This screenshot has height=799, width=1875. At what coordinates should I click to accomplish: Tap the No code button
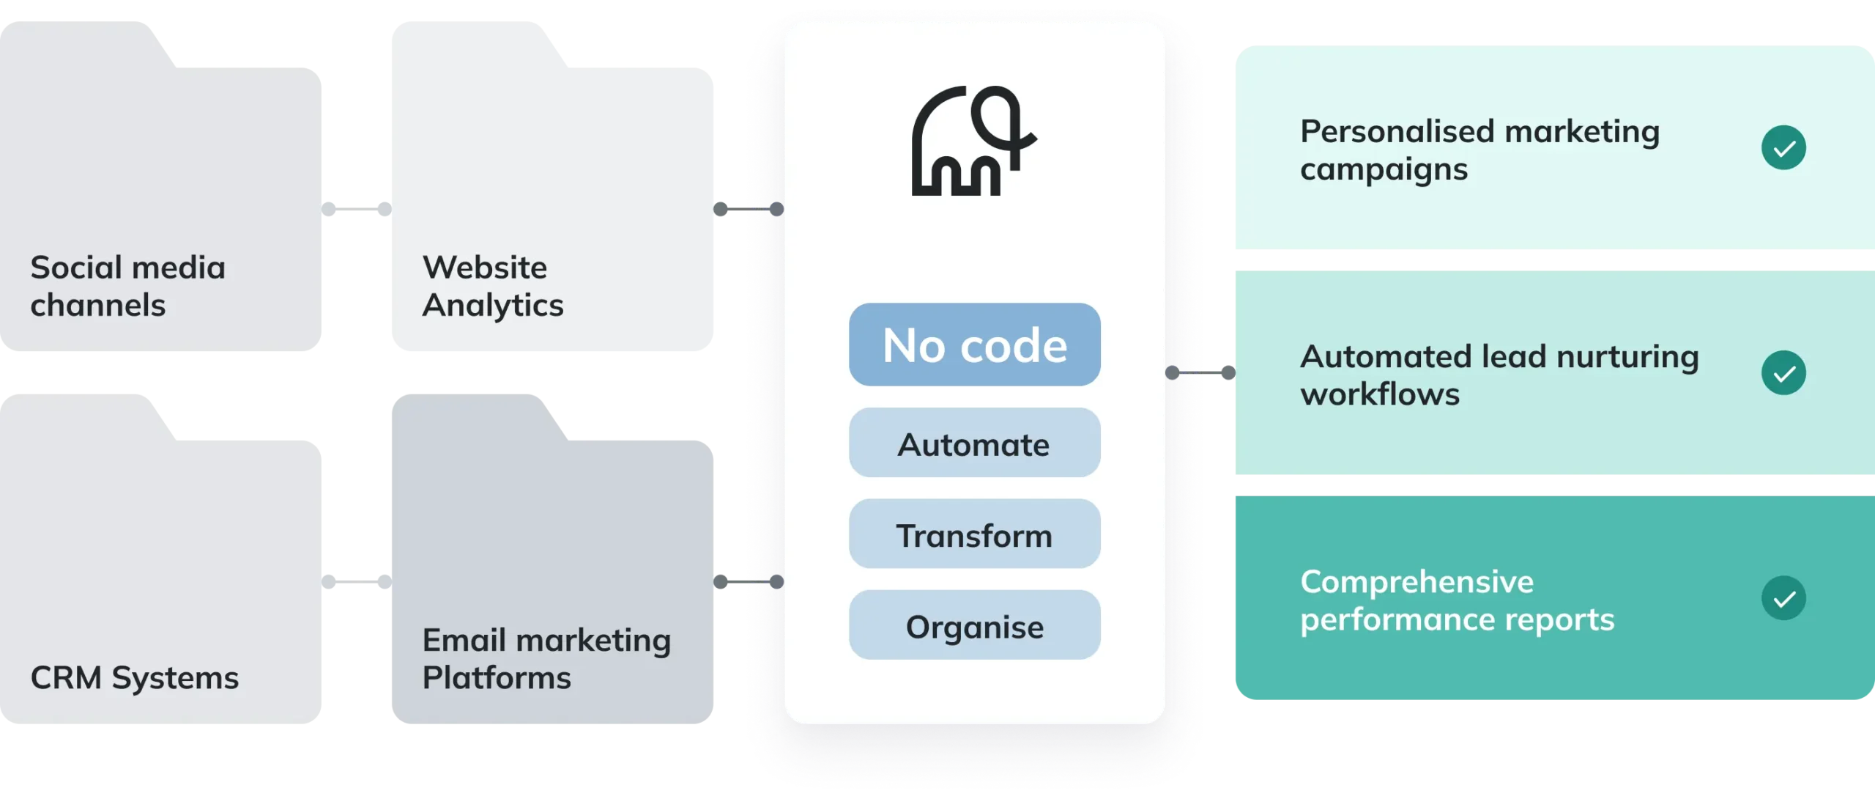[975, 345]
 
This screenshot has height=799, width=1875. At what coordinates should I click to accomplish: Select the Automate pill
[975, 443]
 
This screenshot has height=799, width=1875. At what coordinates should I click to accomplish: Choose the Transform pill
[975, 534]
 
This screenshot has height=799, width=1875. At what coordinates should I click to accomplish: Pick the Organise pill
[975, 625]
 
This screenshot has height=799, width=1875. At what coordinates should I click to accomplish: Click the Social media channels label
[127, 286]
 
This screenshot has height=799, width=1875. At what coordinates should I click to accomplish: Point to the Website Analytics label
[493, 286]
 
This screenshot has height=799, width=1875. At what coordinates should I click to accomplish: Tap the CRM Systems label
[135, 677]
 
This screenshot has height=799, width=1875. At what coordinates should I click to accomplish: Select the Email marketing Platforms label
[546, 658]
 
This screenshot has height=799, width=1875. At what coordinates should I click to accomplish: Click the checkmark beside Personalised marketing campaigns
[1783, 147]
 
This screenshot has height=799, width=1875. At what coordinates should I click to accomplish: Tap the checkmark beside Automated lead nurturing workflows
[1783, 373]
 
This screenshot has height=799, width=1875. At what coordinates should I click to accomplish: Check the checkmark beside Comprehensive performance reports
[1783, 598]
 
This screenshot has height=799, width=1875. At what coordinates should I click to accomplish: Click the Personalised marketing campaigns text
[1479, 150]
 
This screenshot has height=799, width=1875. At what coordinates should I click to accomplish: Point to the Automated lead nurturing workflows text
[1499, 375]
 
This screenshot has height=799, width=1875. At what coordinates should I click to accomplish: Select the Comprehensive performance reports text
[1458, 600]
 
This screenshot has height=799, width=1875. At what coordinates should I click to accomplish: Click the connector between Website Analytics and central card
[749, 209]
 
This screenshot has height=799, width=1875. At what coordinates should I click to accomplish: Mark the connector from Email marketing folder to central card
[749, 581]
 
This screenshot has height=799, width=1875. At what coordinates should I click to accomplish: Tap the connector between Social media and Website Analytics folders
[357, 209]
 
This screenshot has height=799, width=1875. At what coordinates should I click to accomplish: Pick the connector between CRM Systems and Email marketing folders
[357, 581]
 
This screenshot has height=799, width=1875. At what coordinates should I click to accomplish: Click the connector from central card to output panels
[1200, 372]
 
